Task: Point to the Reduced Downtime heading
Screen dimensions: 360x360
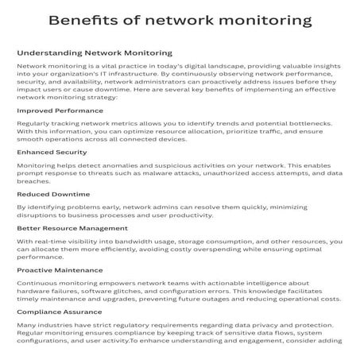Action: tap(53, 194)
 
